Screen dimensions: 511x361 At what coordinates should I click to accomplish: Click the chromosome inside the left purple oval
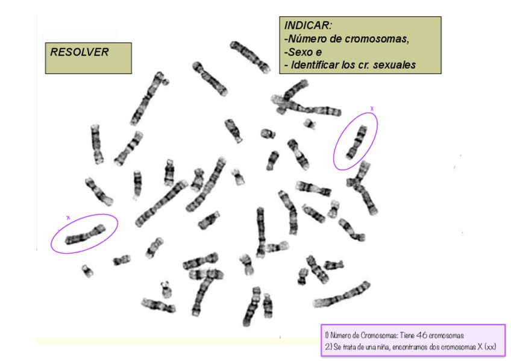click(84, 234)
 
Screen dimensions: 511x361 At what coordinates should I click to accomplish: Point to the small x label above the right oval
click(372, 109)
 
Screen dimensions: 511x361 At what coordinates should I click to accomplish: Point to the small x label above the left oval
click(68, 217)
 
